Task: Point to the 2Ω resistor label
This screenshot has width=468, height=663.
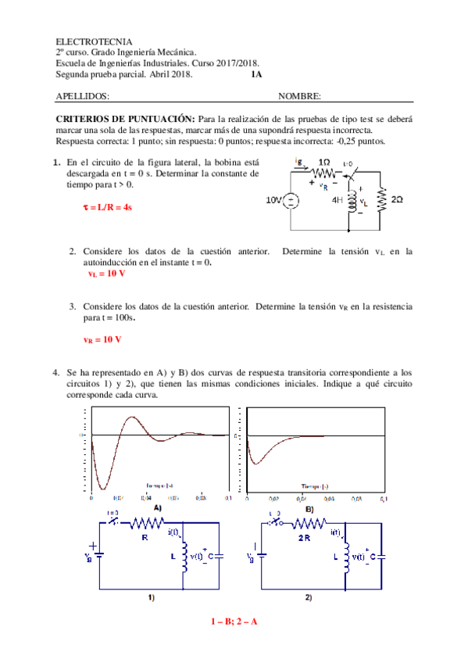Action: [397, 200]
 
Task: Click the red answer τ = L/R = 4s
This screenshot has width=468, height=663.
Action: [107, 207]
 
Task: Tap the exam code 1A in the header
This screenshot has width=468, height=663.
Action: [257, 75]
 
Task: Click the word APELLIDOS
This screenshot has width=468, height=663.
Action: [83, 96]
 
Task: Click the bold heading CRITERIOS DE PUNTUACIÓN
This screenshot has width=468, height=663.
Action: [125, 116]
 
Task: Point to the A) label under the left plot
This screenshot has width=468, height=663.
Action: [157, 507]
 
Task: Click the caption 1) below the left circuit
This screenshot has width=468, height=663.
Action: [152, 598]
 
